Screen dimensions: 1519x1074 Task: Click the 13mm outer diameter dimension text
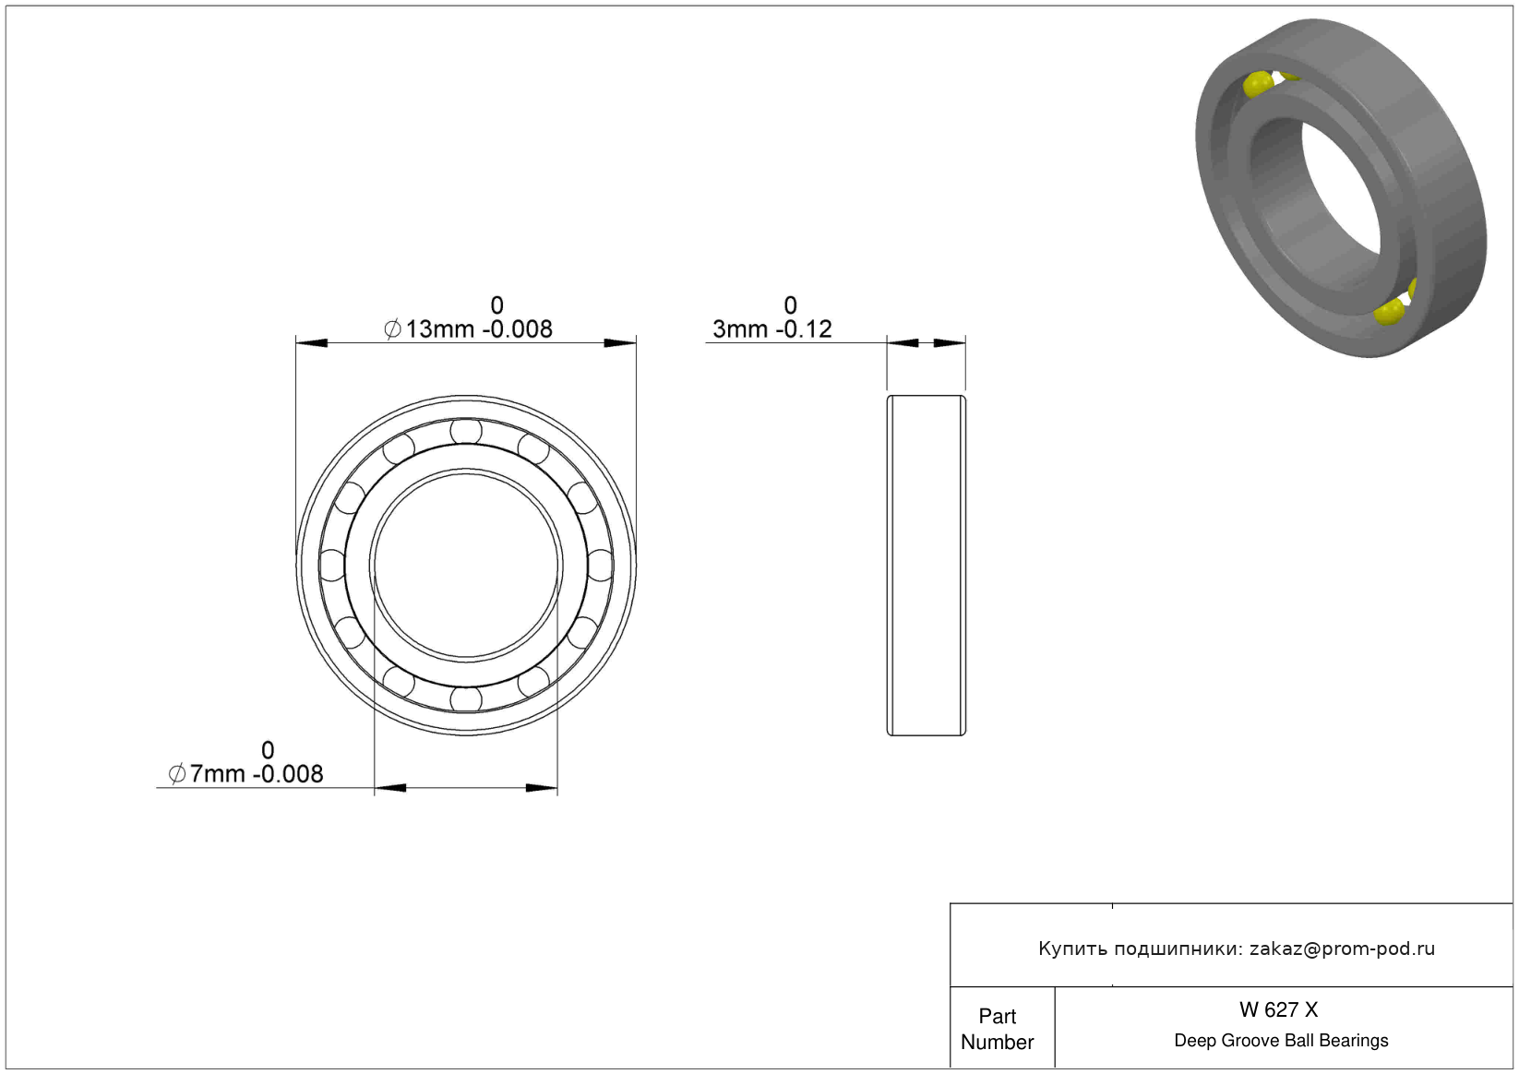coord(468,317)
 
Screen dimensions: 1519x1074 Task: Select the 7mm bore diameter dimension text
coord(245,762)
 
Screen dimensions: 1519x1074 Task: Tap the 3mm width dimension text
coord(772,317)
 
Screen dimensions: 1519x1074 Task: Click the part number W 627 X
coord(1278,1009)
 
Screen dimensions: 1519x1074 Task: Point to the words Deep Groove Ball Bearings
coord(1281,1040)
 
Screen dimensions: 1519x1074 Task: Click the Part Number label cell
coord(997,1029)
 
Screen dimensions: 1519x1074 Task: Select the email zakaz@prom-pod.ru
coord(1342,949)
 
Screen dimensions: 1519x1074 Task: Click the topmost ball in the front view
coord(466,431)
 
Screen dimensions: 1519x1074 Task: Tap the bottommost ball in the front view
coord(466,699)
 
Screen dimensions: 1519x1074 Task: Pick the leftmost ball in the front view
coord(332,565)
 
